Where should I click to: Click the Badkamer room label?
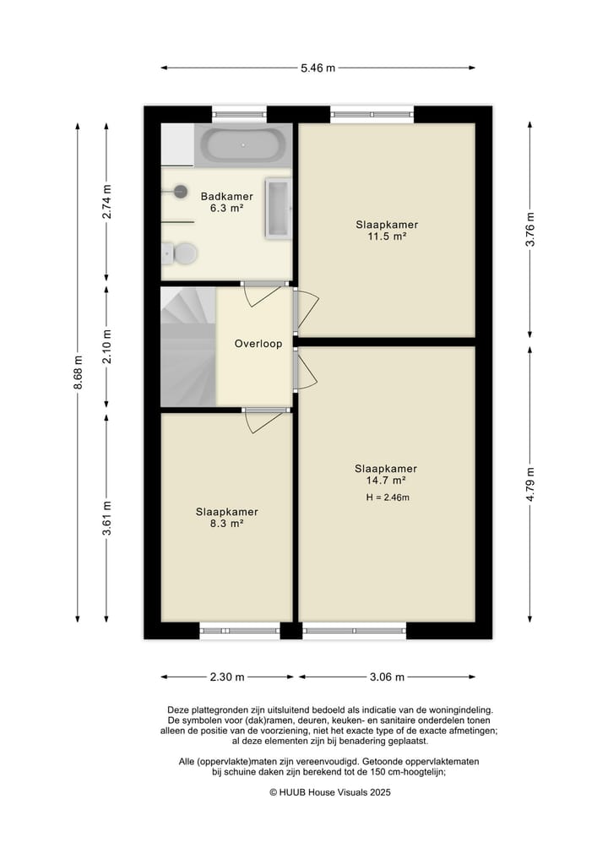227,196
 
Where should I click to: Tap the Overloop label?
258,344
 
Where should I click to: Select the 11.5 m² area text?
387,236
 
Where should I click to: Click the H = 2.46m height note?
388,497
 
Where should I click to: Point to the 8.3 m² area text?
227,524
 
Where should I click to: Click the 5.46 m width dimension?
318,68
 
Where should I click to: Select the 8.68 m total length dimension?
78,372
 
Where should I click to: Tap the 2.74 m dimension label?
106,202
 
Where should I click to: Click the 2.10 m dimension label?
106,346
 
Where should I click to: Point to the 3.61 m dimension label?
106,519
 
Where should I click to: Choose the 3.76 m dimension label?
530,229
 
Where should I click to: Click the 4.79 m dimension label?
530,484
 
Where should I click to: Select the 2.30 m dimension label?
227,677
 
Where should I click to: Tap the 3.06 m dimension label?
388,677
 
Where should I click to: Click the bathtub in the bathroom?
242,145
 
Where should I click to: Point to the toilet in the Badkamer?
180,253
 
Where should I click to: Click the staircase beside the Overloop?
187,347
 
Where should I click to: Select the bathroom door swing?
263,295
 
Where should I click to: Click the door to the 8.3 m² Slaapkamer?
265,420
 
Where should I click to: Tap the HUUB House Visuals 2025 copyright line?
329,792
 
